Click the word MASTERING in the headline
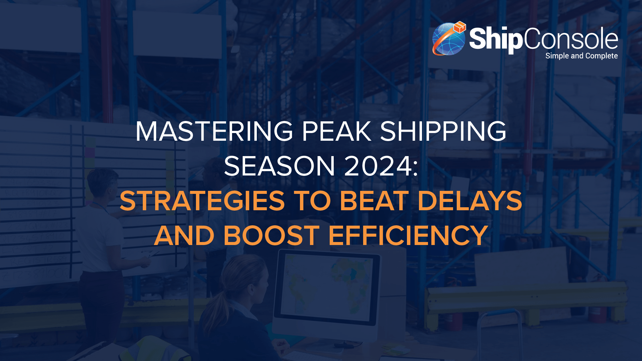click(214, 131)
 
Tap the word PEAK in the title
click(336, 131)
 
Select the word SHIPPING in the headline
click(443, 131)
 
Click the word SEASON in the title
click(279, 166)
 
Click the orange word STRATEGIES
click(202, 201)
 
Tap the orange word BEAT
click(374, 201)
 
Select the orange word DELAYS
click(470, 201)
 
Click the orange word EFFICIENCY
click(408, 236)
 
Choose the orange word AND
click(184, 236)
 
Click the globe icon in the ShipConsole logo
click(448, 39)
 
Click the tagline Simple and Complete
click(581, 56)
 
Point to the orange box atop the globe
click(460, 27)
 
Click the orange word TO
click(312, 201)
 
